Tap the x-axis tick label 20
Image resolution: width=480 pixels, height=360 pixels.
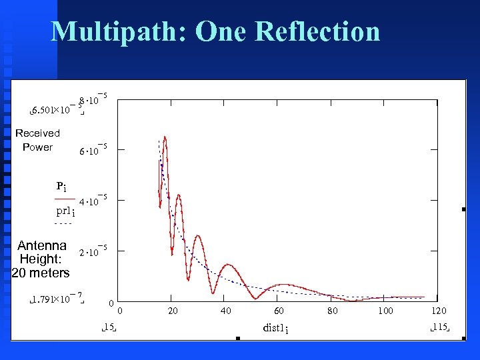pos(173,311)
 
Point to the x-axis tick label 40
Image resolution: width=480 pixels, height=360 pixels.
pos(226,311)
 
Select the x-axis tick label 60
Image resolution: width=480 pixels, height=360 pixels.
pos(279,311)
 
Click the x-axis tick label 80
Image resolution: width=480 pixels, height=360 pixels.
pos(332,311)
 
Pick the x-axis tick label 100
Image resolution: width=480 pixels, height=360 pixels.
pos(385,311)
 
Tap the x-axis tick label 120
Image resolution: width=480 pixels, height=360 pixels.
pos(439,311)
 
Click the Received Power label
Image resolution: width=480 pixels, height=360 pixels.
pos(37,140)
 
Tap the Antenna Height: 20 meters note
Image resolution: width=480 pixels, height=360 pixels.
pos(41,259)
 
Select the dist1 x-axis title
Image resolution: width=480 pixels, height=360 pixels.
pos(275,328)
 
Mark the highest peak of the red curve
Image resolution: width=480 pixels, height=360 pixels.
pos(164,137)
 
